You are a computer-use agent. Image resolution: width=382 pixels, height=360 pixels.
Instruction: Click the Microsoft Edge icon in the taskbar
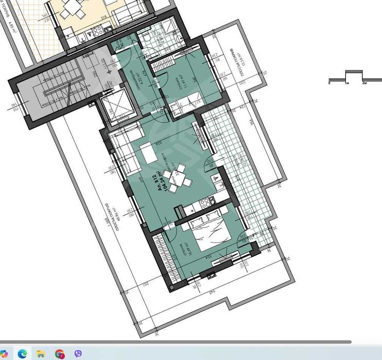pyautogui.click(x=22, y=353)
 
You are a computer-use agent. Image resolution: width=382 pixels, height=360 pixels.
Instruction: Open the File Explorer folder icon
pyautogui.click(x=41, y=353)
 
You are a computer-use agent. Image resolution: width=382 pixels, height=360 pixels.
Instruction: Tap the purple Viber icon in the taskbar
pyautogui.click(x=78, y=353)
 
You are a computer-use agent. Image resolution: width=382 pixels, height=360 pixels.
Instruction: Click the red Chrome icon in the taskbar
pyautogui.click(x=60, y=353)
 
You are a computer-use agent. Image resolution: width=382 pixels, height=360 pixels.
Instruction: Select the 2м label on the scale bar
pyautogui.click(x=363, y=83)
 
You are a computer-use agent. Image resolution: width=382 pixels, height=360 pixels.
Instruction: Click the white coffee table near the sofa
pyautogui.click(x=147, y=153)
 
